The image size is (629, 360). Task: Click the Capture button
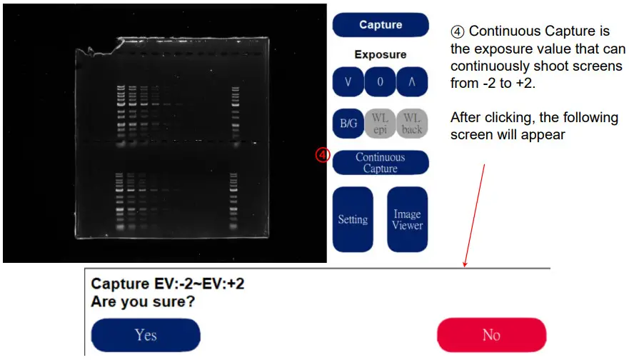pos(381,25)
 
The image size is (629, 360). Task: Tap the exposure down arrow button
pos(348,82)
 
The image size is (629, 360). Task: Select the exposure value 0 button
pos(380,82)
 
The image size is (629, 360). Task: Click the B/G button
pos(348,123)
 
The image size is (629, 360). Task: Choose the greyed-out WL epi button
pos(380,123)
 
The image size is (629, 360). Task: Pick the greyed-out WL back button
pos(412,123)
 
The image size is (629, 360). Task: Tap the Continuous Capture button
pos(381,163)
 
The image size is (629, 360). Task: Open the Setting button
pos(353,219)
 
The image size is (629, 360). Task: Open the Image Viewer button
pos(407,219)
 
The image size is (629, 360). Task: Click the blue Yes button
pos(146,335)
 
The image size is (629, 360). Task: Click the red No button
pos(491,335)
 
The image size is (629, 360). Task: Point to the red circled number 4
pos(323,155)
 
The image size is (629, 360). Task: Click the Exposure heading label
pos(381,54)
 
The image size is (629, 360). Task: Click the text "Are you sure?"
pos(143,301)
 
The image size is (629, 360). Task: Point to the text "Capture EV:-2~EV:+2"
pos(168,284)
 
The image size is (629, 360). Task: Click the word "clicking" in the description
pos(509,118)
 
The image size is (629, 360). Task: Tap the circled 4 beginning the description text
pos(458,31)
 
